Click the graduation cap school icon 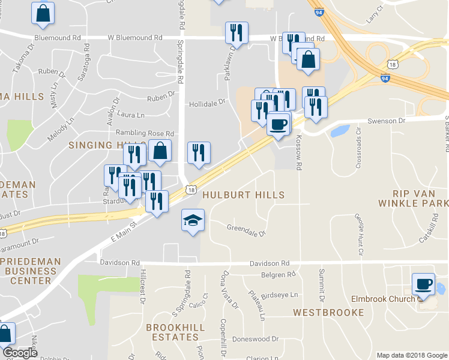pyautogui.click(x=193, y=221)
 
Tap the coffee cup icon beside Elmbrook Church pyautogui.click(x=424, y=283)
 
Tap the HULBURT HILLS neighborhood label pyautogui.click(x=243, y=195)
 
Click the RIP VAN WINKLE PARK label pyautogui.click(x=412, y=198)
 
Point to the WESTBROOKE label pyautogui.click(x=328, y=313)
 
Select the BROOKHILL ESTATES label pyautogui.click(x=175, y=332)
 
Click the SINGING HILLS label pyautogui.click(x=99, y=145)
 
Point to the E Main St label pyautogui.click(x=124, y=230)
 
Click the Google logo pyautogui.click(x=20, y=353)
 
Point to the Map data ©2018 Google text pyautogui.click(x=411, y=355)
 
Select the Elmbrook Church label pyautogui.click(x=384, y=299)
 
